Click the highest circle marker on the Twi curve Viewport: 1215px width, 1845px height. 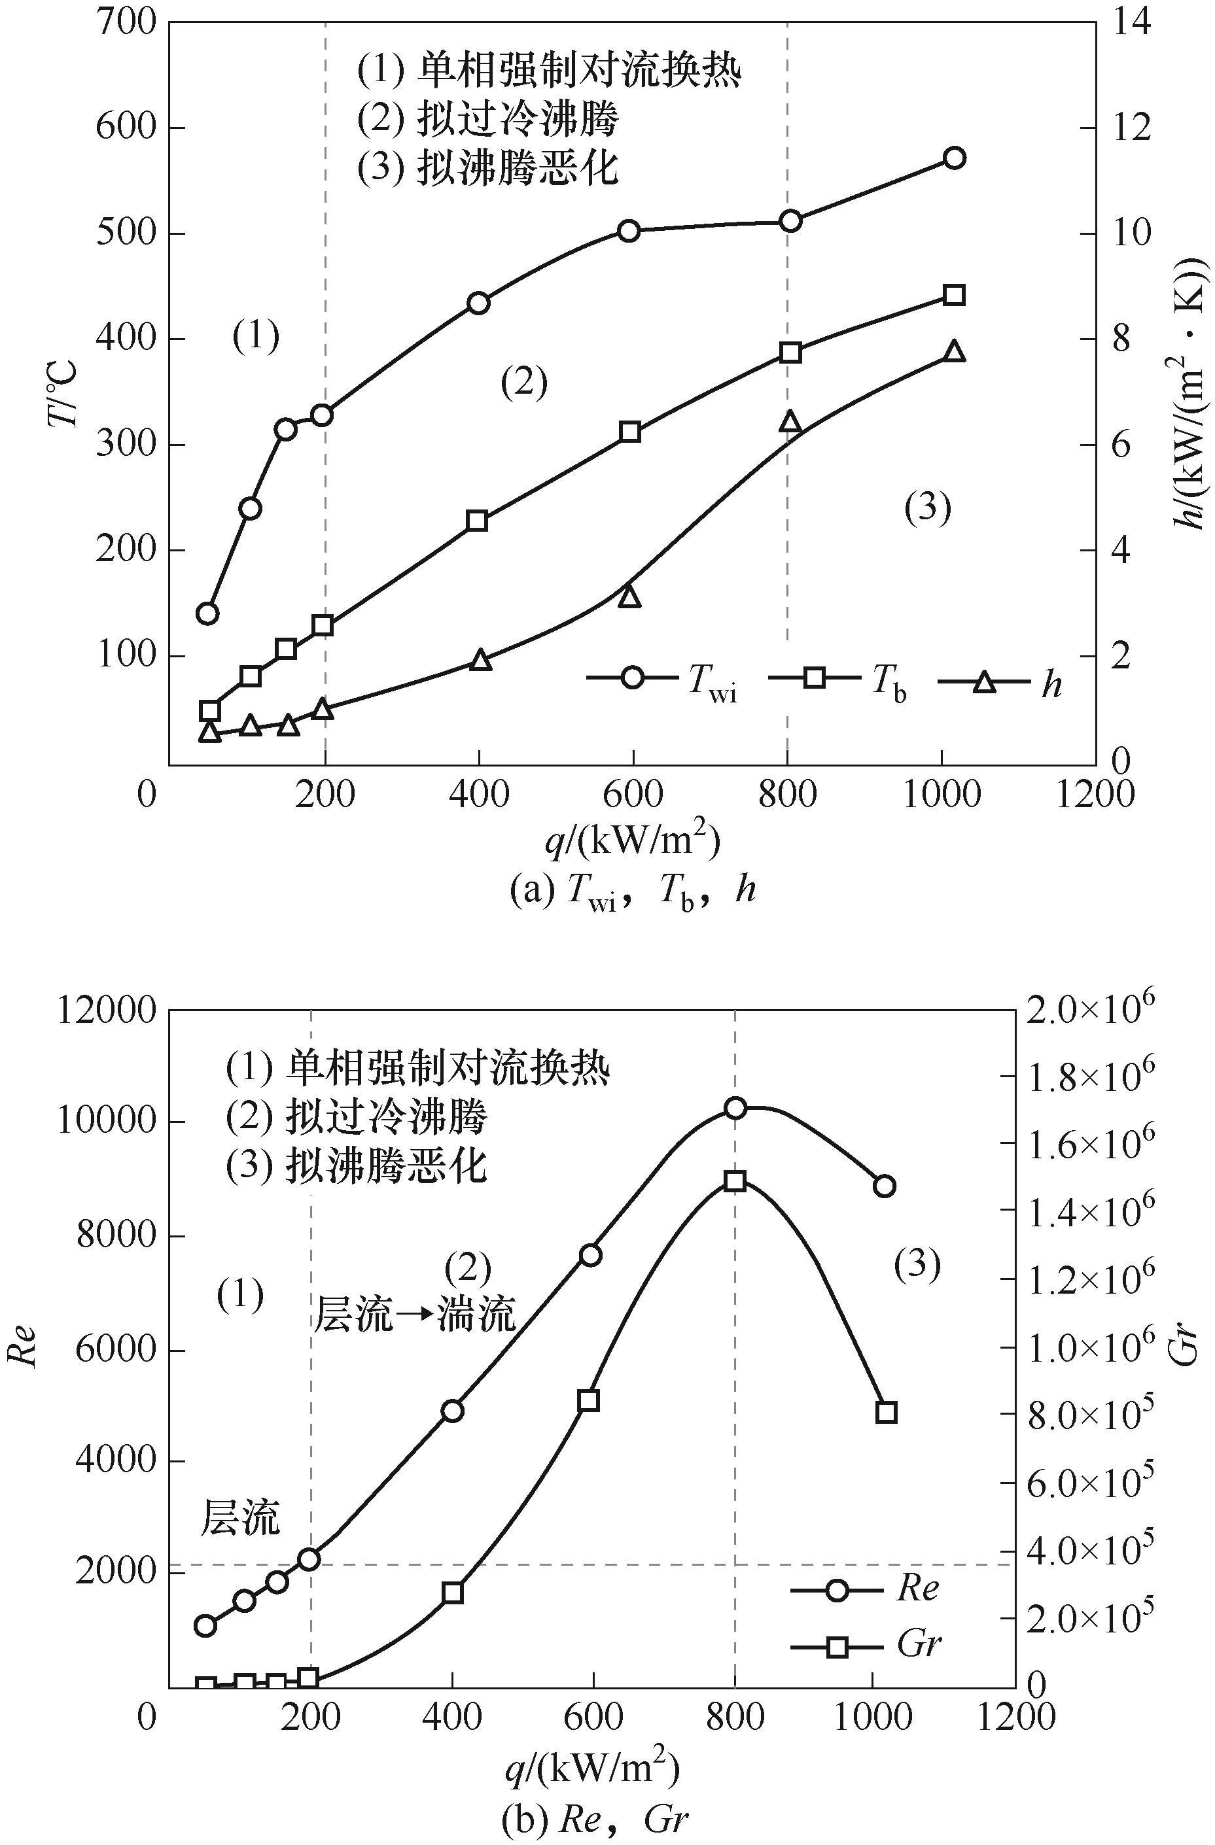[955, 158]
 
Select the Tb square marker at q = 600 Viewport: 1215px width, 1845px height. [629, 431]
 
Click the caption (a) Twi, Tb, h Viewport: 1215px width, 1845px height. [632, 891]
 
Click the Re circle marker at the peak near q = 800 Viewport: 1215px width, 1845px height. [735, 1108]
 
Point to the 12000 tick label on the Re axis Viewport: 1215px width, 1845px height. [107, 1012]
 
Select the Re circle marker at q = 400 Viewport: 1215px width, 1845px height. [453, 1410]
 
